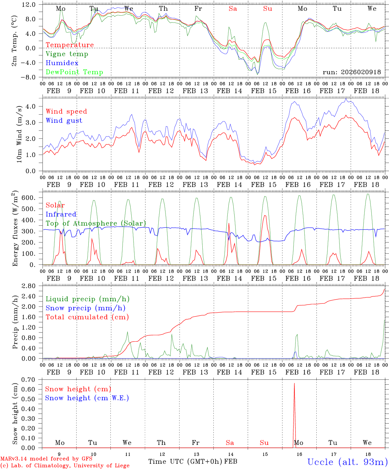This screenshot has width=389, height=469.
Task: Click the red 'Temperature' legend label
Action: (70, 45)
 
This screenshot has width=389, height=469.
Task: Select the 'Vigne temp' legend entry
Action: (67, 54)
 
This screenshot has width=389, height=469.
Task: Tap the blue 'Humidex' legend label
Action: (62, 63)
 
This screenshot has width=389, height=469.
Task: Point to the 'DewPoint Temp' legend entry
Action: (74, 72)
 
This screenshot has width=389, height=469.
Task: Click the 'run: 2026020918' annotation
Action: (352, 72)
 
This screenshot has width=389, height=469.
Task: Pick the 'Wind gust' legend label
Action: (64, 121)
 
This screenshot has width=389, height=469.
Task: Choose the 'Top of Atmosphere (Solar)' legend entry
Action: (96, 223)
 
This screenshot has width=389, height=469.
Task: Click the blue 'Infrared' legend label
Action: (61, 214)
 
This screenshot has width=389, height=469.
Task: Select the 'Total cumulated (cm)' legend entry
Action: (87, 317)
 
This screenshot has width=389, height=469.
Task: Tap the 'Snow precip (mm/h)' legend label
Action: (86, 308)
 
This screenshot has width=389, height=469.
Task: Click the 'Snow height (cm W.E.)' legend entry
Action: (87, 398)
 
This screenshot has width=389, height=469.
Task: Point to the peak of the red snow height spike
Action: (295, 383)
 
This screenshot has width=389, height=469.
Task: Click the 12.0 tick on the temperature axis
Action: (28, 5)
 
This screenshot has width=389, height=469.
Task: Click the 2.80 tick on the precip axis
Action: (28, 286)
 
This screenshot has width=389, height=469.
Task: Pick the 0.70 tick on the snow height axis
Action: (28, 379)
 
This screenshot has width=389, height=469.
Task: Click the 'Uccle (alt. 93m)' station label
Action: (347, 462)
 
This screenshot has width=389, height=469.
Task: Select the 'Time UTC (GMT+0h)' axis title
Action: (185, 462)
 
